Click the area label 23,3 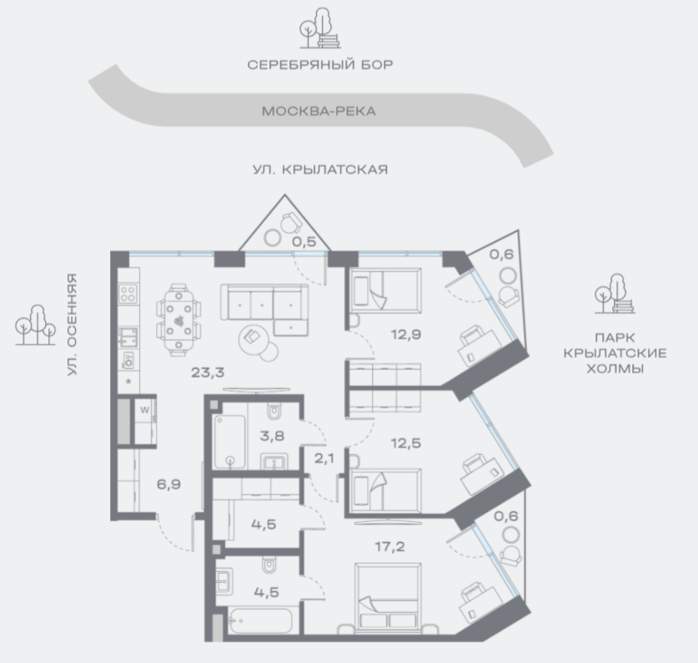point(208,372)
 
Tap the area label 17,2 point(389,546)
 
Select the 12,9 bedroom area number point(406,334)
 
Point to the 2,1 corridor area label point(324,458)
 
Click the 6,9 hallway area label point(168,484)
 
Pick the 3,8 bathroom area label point(272,436)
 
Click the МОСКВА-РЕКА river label point(319,111)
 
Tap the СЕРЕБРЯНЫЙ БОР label point(320,64)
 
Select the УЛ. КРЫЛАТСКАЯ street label point(320,170)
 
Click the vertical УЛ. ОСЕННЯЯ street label point(72,325)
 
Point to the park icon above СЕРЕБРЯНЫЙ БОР point(320,28)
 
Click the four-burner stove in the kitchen point(128,294)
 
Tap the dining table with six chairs point(178,320)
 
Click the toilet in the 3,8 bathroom point(274,411)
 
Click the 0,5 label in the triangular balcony point(304,241)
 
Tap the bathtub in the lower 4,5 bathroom point(260,620)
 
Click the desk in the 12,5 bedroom point(483,475)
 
